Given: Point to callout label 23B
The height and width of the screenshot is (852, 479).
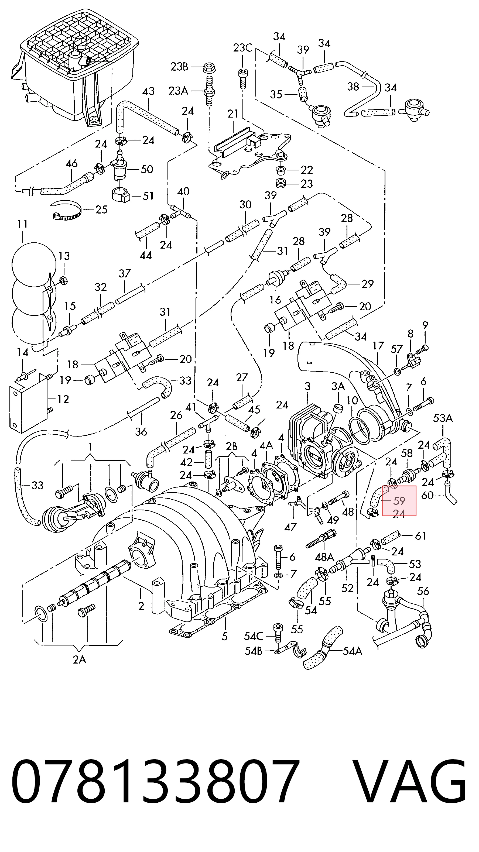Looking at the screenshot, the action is [179, 67].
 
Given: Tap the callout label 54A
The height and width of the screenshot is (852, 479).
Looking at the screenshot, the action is [352, 651].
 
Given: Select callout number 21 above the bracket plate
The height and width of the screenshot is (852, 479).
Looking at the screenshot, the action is [233, 114].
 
